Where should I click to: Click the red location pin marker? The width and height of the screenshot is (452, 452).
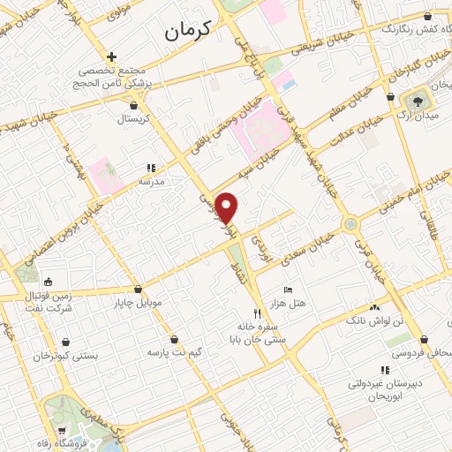click(227, 207)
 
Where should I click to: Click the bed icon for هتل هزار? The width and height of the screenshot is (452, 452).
click(288, 290)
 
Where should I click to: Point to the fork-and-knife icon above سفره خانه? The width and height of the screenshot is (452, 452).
click(258, 313)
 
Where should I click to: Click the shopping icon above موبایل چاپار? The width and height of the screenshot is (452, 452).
click(139, 290)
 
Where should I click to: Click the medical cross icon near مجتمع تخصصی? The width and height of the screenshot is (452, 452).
click(112, 56)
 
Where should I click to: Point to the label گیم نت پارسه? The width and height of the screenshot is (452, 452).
click(175, 352)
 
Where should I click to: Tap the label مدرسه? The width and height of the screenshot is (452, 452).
click(151, 180)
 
